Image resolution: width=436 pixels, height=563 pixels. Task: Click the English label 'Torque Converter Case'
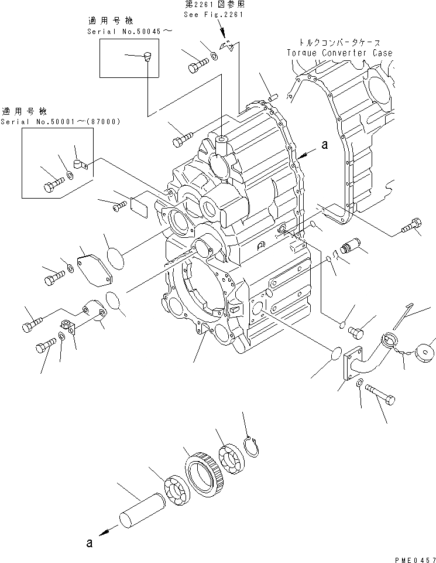click(x=339, y=53)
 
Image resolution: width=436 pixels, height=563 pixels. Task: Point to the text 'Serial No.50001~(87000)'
click(x=61, y=122)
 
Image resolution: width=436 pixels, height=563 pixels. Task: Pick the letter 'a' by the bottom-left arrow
click(x=89, y=543)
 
